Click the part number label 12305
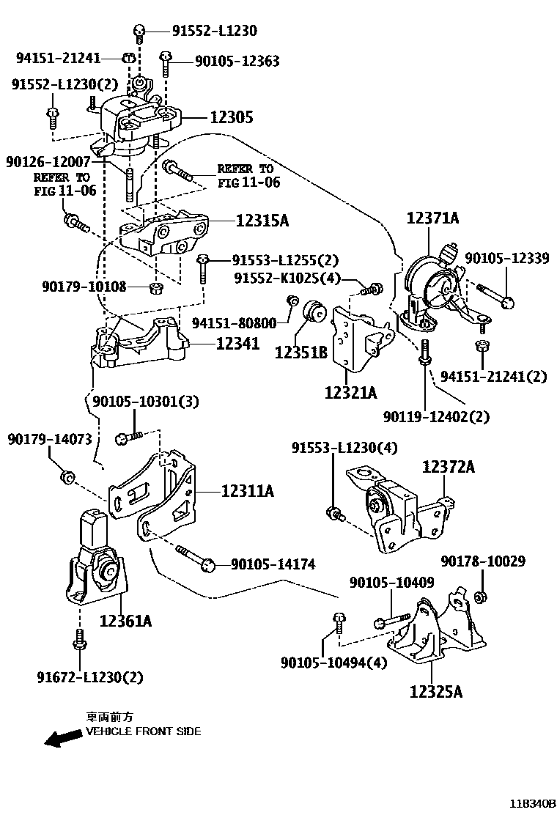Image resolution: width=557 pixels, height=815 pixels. pyautogui.click(x=232, y=117)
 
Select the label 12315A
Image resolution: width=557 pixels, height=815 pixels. pyautogui.click(x=262, y=219)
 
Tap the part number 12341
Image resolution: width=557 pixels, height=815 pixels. pyautogui.click(x=237, y=342)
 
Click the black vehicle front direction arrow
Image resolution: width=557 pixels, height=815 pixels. pyautogui.click(x=63, y=738)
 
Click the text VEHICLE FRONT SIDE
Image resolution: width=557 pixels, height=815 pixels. pyautogui.click(x=143, y=731)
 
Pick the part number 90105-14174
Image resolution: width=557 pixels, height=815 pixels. pyautogui.click(x=273, y=564)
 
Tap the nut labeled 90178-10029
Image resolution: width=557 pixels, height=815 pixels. pyautogui.click(x=481, y=597)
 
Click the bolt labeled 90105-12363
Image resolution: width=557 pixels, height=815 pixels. pyautogui.click(x=166, y=65)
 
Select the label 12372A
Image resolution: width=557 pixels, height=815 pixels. pyautogui.click(x=448, y=467)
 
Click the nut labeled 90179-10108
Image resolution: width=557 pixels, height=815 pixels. pyautogui.click(x=155, y=286)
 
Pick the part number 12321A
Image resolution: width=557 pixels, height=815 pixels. pyautogui.click(x=350, y=393)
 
